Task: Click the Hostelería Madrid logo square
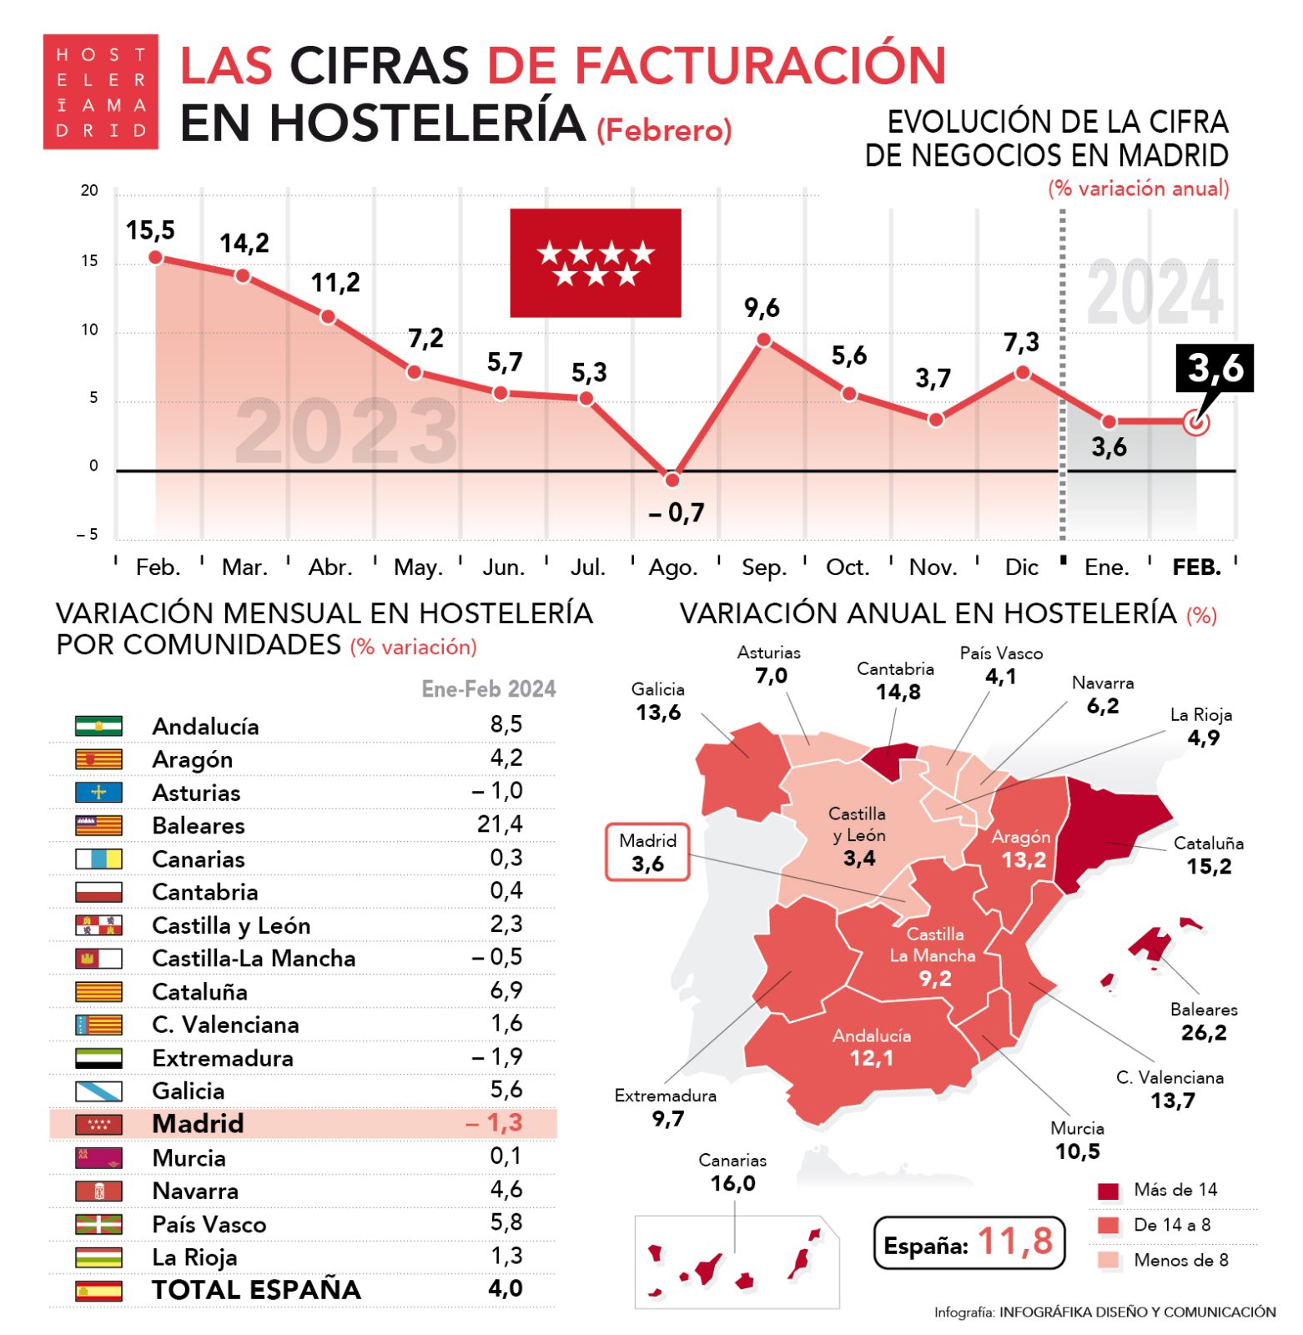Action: [x=100, y=92]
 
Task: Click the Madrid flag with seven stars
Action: [x=595, y=263]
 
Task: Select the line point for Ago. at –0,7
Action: [x=672, y=480]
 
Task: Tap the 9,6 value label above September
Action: [x=762, y=308]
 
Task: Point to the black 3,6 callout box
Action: [x=1215, y=367]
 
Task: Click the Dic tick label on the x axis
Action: [x=1021, y=567]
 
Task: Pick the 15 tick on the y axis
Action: [x=89, y=261]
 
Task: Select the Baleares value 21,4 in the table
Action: [x=500, y=824]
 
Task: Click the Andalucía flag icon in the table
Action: [x=98, y=726]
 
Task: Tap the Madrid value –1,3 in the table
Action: [x=495, y=1123]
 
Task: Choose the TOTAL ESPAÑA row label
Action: [x=256, y=1289]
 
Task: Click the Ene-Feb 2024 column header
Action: [x=488, y=689]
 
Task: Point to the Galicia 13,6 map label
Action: [x=657, y=702]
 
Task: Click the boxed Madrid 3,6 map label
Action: [x=647, y=852]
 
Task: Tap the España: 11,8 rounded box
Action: [x=968, y=1242]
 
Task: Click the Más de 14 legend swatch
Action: [x=1108, y=1191]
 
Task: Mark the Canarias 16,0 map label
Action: [x=732, y=1172]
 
